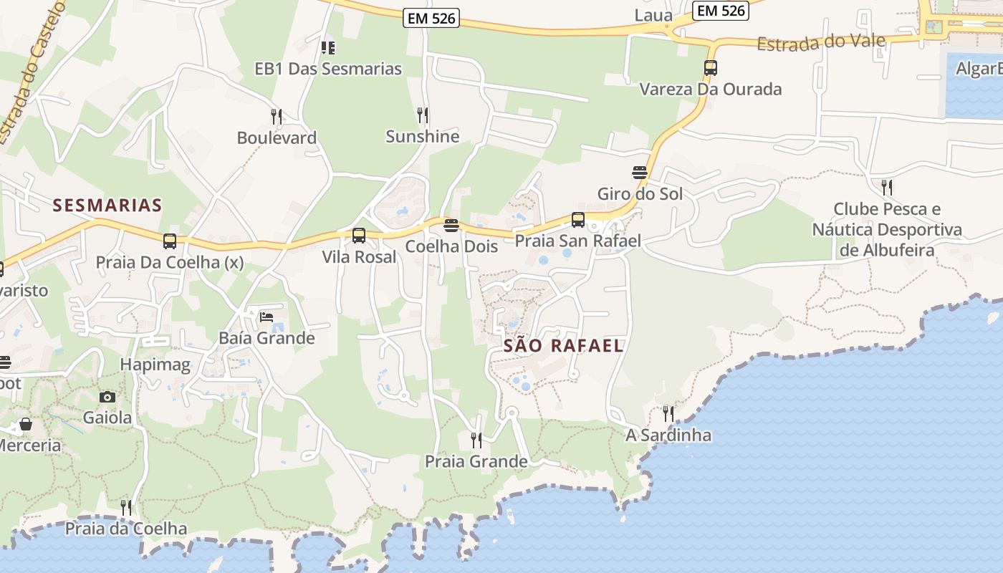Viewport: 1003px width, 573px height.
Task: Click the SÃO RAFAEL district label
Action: pyautogui.click(x=563, y=345)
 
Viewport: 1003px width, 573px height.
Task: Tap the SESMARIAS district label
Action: pyautogui.click(x=107, y=206)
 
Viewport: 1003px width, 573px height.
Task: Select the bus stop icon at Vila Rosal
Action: pyautogui.click(x=359, y=235)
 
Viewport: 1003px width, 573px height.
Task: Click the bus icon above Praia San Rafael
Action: pyautogui.click(x=578, y=220)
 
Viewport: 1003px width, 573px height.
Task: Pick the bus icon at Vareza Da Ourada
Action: pyautogui.click(x=711, y=68)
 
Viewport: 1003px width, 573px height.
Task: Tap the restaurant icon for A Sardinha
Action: pyautogui.click(x=668, y=413)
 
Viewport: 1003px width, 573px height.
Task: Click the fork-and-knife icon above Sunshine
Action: pyautogui.click(x=423, y=115)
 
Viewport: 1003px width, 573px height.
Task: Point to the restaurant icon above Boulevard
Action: pyautogui.click(x=277, y=116)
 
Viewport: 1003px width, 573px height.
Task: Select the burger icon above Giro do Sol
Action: pyautogui.click(x=640, y=173)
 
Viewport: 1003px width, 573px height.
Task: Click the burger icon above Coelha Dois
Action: pyautogui.click(x=451, y=226)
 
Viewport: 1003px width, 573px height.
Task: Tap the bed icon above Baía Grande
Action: pyautogui.click(x=267, y=317)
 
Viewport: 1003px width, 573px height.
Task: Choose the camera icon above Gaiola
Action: pyautogui.click(x=107, y=397)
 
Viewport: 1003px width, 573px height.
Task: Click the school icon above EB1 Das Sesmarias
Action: pyautogui.click(x=328, y=48)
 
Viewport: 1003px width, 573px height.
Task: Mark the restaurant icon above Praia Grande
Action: pyautogui.click(x=476, y=440)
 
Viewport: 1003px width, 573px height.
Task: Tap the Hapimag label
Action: pyautogui.click(x=155, y=365)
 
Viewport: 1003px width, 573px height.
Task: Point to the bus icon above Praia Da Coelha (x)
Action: pyautogui.click(x=170, y=241)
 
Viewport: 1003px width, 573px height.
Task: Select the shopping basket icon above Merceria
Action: pyautogui.click(x=26, y=424)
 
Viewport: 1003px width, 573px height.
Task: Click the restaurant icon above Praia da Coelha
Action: pyautogui.click(x=126, y=507)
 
